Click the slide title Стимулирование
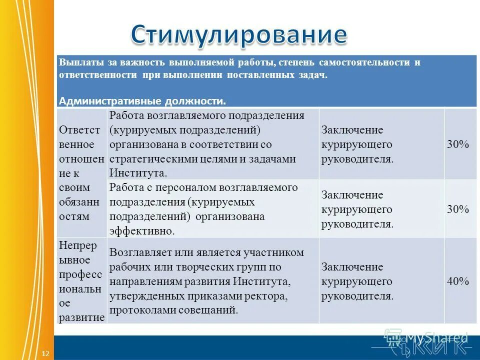click(x=239, y=34)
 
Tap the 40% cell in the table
click(x=458, y=281)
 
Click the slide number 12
click(x=45, y=353)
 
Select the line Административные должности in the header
click(x=142, y=101)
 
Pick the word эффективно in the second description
click(x=141, y=231)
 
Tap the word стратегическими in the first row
click(x=146, y=159)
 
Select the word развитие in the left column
click(x=81, y=317)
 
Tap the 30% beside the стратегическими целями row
click(x=458, y=144)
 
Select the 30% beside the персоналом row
click(x=458, y=209)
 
